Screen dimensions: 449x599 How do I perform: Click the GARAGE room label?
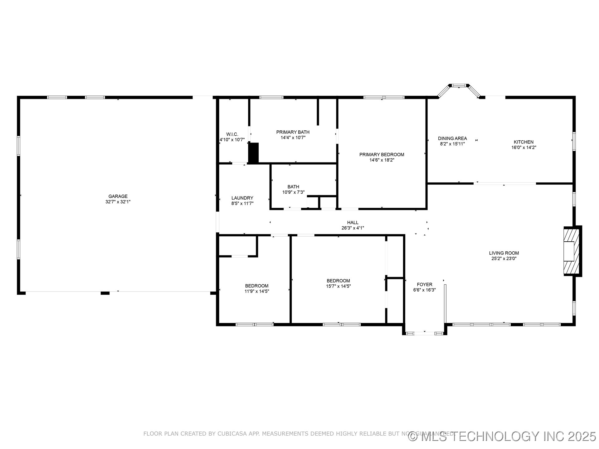(118, 196)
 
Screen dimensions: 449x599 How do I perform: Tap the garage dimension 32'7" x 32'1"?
(118, 202)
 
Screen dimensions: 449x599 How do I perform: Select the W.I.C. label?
(232, 134)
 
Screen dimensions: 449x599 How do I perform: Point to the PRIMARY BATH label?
(293, 132)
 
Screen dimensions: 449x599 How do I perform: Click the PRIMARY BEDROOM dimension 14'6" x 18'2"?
(382, 160)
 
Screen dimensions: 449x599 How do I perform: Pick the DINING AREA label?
(452, 138)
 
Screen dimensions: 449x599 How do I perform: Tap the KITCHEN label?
(524, 142)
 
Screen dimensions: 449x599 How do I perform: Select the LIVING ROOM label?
(504, 253)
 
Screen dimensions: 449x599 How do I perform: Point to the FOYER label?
(424, 284)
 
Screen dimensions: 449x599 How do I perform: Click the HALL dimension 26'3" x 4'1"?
(353, 228)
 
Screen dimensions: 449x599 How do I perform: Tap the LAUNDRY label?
(242, 198)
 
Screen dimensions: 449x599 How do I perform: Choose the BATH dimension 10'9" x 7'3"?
(293, 192)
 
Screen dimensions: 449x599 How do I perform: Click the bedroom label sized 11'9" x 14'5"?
(256, 286)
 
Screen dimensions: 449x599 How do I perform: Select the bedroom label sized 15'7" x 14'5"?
(338, 281)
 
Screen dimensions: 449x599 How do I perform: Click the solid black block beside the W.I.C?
(254, 153)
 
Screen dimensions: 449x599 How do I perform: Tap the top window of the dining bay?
(459, 85)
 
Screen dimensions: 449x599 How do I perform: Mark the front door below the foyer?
(424, 333)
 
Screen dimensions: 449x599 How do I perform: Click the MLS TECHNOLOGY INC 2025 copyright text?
(502, 436)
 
